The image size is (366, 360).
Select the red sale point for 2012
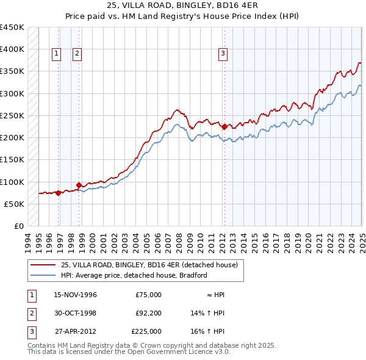coord(224,127)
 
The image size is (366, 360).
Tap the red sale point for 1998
coord(79,185)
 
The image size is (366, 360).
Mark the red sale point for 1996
coord(58,193)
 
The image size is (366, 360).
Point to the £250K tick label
coord(12,115)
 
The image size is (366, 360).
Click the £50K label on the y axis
coord(14,204)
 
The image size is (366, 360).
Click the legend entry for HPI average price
coord(134,275)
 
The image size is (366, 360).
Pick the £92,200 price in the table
coord(146,313)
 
